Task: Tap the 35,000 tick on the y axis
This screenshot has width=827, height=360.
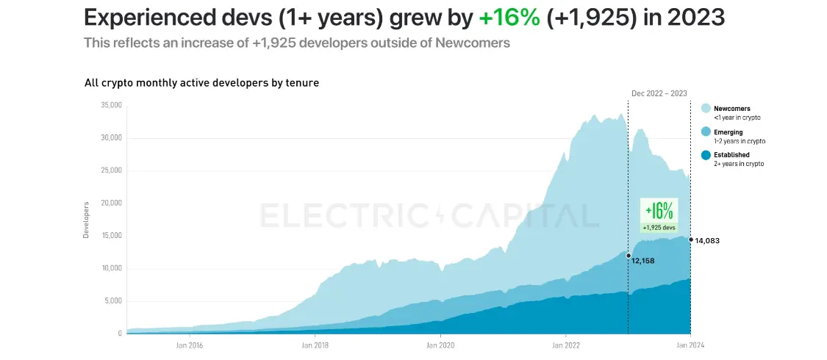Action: click(110, 106)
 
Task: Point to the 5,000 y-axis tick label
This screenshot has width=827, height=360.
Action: click(112, 301)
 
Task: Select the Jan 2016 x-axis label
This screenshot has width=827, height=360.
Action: click(190, 345)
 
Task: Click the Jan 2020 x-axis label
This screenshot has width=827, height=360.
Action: click(440, 345)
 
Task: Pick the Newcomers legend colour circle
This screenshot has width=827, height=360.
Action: click(706, 109)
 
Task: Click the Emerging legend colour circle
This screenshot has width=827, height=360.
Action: click(706, 132)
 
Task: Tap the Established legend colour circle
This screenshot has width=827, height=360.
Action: click(706, 155)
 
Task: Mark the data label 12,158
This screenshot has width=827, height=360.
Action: click(642, 261)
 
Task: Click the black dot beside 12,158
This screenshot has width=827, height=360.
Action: click(628, 256)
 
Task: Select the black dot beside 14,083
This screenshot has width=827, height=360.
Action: click(691, 240)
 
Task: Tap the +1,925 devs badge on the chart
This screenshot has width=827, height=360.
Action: click(659, 228)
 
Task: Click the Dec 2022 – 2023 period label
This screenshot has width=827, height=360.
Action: click(659, 93)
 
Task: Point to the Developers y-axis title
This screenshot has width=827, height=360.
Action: click(86, 220)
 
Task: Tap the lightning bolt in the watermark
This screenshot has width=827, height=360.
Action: click(440, 215)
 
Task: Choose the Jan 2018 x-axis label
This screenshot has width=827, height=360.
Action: click(315, 345)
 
